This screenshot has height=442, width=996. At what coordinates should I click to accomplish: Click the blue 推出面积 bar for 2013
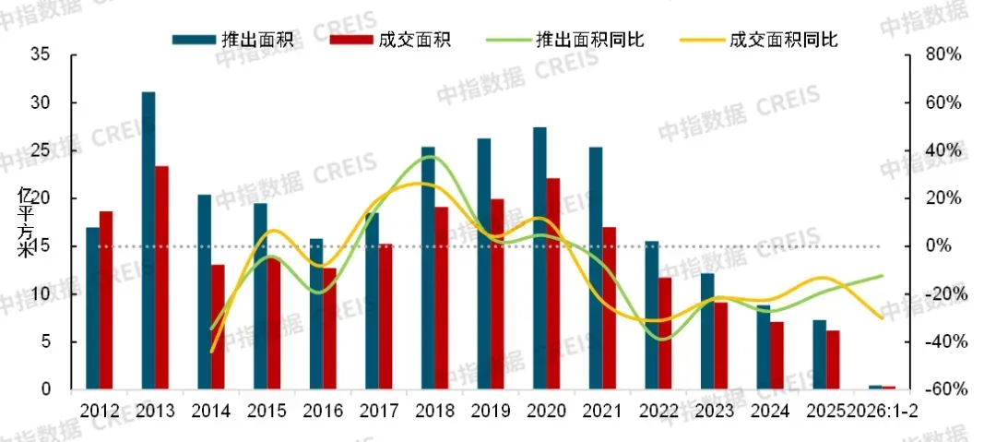point(148,240)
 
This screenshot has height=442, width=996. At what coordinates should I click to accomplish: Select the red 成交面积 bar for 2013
point(161,277)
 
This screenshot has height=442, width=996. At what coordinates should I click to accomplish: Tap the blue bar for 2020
point(539,258)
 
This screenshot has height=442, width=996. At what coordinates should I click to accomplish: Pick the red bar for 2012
point(106,300)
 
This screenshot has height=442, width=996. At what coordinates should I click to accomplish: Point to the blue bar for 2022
point(652,315)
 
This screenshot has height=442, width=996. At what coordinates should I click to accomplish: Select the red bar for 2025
point(833,359)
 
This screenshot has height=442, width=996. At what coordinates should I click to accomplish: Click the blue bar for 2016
point(315,314)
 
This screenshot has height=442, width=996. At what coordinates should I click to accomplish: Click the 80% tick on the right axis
point(943,55)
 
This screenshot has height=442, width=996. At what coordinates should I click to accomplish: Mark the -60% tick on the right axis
point(943,389)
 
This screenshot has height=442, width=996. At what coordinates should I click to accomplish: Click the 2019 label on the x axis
point(490,411)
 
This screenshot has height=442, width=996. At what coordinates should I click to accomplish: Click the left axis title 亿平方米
point(26,221)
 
